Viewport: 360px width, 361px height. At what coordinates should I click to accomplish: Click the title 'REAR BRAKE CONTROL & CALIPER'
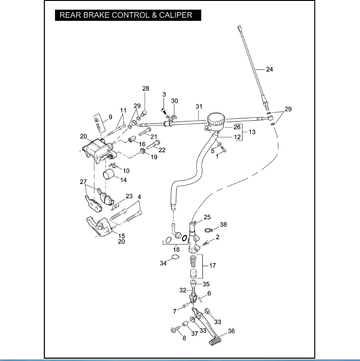click(126, 15)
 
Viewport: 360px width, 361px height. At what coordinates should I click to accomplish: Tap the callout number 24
click(270, 69)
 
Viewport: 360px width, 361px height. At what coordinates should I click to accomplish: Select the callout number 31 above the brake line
click(199, 107)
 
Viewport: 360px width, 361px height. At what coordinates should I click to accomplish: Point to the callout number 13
click(252, 132)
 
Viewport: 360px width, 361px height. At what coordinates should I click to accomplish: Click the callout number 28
click(146, 89)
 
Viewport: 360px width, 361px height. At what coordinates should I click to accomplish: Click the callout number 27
click(83, 182)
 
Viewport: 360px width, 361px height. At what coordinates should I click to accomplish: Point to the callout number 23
click(129, 196)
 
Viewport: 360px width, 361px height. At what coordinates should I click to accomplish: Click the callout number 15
click(121, 236)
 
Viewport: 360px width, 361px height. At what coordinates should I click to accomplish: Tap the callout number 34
click(163, 264)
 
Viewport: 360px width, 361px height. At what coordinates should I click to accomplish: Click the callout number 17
click(213, 266)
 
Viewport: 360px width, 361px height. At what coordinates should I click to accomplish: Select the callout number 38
click(223, 225)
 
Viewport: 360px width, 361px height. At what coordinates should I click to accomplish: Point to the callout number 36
click(231, 332)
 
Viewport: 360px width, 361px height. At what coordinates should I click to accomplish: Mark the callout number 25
click(207, 217)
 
